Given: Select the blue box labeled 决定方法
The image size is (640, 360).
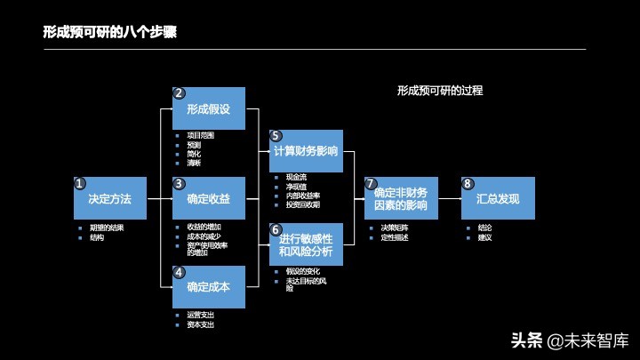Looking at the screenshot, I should tap(110, 199).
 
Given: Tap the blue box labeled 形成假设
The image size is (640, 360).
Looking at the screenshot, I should tap(209, 108).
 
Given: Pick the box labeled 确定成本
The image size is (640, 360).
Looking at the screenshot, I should tap(209, 287).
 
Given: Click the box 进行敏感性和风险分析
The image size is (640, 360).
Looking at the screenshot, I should tap(306, 244).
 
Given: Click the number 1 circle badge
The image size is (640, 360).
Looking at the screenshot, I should tap(80, 183).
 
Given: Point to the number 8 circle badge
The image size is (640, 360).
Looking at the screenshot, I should tap(468, 183).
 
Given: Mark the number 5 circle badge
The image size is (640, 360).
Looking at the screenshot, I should tap(276, 135).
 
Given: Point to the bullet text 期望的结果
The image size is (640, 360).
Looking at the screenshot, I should tap(106, 228).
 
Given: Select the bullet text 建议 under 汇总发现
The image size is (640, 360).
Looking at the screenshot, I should tap(484, 237).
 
